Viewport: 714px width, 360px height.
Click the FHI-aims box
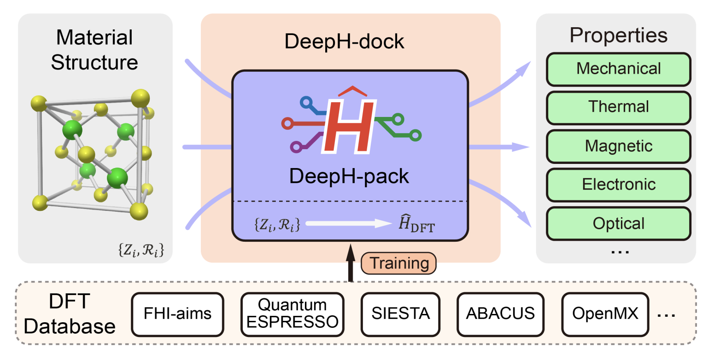(177, 314)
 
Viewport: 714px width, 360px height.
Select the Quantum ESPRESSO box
(293, 314)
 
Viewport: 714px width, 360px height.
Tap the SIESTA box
(400, 314)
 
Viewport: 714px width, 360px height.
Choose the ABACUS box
(500, 314)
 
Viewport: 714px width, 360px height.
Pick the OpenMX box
(605, 314)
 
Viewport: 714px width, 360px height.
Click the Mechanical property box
(619, 69)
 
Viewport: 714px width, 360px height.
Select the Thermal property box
(619, 107)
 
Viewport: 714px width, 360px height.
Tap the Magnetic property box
(619, 146)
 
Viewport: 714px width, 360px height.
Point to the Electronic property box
(619, 185)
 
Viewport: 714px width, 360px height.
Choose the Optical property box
(619, 223)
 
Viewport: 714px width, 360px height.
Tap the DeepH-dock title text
(344, 42)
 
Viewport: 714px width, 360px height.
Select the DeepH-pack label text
(349, 176)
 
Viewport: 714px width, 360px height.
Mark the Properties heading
(618, 35)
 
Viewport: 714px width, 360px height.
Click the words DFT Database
(69, 314)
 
